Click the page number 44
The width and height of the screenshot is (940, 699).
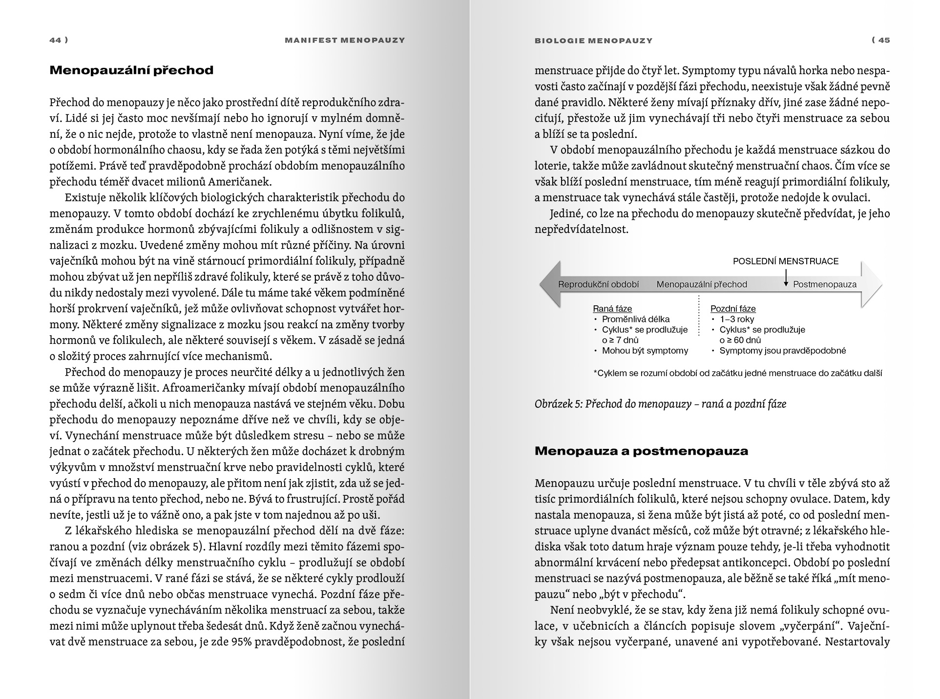tap(55, 40)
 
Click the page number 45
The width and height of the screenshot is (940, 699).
tap(884, 40)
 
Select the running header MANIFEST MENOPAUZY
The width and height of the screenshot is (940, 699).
tap(345, 40)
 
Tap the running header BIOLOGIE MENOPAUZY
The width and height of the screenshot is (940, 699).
tap(593, 41)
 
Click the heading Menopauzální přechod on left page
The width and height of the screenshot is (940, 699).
tap(132, 70)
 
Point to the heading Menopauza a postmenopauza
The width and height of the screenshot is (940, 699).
tap(641, 451)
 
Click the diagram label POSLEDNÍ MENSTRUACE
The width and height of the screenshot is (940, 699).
tap(785, 261)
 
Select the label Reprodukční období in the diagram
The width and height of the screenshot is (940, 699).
tap(598, 284)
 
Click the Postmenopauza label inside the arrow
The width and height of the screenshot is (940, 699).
tap(824, 284)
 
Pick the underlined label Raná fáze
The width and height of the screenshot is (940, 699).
tap(612, 309)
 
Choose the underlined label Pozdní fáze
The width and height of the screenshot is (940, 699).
tap(732, 309)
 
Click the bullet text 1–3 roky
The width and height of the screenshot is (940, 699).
tap(736, 319)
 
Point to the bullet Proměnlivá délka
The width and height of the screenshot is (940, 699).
tap(635, 319)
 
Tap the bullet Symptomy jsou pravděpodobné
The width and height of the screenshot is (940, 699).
tap(782, 351)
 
